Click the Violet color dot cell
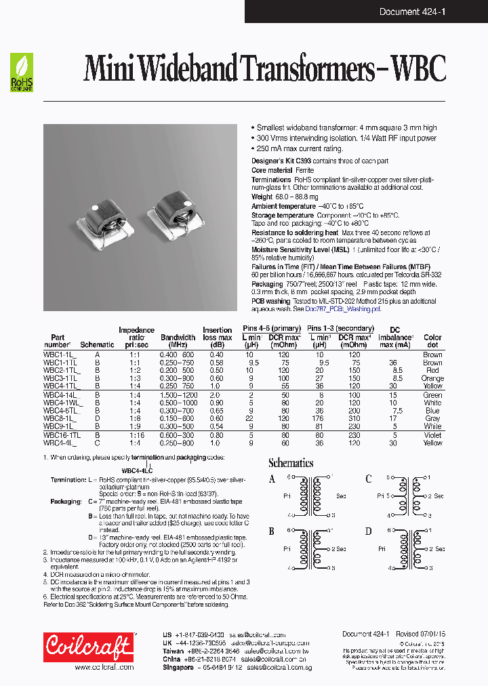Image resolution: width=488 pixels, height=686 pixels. click(x=432, y=435)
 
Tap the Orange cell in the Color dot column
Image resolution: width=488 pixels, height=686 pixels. click(x=432, y=379)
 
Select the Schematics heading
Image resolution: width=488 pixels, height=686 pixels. click(x=291, y=463)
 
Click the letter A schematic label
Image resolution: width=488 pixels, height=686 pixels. click(x=272, y=479)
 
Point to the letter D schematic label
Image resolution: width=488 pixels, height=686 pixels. click(x=368, y=531)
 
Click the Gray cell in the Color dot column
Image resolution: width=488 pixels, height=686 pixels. click(x=432, y=419)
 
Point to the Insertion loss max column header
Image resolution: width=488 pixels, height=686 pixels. click(x=217, y=337)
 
